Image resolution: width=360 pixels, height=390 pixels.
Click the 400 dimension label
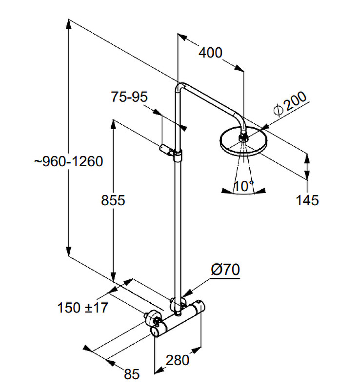tap(210, 53)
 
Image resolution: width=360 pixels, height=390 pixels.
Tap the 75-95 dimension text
tap(129, 97)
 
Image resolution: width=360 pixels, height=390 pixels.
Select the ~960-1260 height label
tap(68, 161)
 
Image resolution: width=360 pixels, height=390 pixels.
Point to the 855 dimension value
tap(113, 200)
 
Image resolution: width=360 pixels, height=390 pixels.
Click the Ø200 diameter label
tap(290, 103)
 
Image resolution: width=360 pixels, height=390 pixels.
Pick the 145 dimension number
tap(307, 200)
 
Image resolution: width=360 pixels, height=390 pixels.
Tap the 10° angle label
tap(244, 186)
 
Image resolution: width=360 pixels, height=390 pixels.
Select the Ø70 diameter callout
tap(225, 270)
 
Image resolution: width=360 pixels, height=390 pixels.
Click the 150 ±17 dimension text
tap(82, 308)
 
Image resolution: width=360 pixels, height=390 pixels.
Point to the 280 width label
tap(177, 360)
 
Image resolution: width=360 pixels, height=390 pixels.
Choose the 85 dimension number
tap(132, 374)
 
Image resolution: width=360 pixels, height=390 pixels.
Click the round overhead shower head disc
tap(243, 141)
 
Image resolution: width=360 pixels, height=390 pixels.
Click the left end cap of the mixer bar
tap(155, 331)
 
